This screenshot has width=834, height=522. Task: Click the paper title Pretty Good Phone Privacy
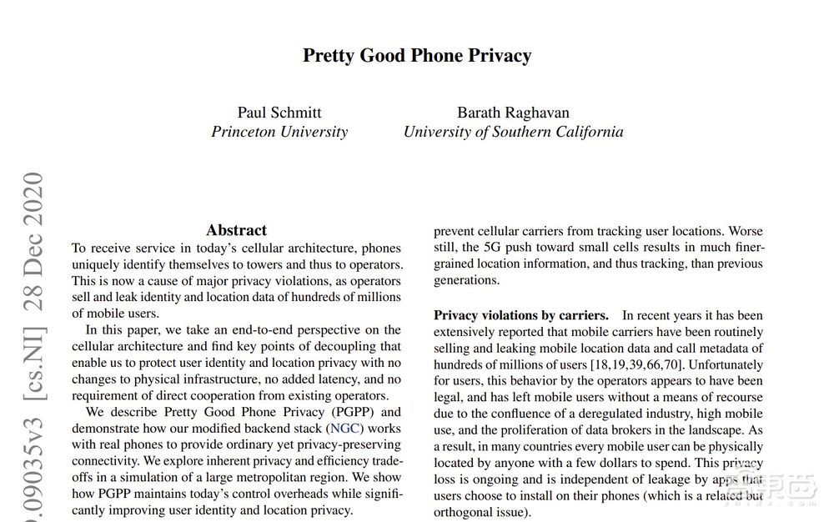tap(416, 56)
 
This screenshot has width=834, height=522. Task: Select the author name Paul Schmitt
tap(279, 113)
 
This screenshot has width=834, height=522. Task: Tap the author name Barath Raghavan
tap(513, 113)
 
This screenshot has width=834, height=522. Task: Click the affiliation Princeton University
tap(279, 132)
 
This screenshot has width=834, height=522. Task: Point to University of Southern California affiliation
tap(513, 132)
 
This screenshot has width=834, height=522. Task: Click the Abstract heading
tap(236, 230)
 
